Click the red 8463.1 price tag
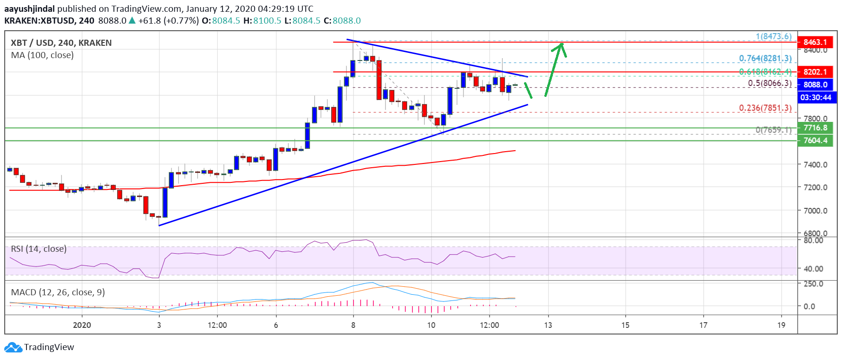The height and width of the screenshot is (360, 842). coord(815,42)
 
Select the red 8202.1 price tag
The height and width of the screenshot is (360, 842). coord(815,72)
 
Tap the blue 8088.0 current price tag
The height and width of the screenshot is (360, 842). coord(815,85)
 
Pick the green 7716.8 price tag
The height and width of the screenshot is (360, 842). coord(815,128)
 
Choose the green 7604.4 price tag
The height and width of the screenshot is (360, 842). coord(815,140)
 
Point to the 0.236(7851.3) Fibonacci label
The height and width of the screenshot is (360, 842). coord(765,108)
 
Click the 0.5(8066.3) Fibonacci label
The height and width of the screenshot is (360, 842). coord(769,83)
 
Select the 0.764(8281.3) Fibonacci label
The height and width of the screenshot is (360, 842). coord(765,58)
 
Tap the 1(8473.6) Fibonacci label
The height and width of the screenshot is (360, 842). coord(773,36)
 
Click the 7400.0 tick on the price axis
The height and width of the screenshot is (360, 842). coord(815,164)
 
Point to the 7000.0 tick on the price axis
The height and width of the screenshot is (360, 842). coord(815,210)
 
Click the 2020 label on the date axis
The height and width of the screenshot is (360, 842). coord(82,325)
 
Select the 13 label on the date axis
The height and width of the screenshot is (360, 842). coord(548,325)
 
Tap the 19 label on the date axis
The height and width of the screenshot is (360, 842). coord(781,325)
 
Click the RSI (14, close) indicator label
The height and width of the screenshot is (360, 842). coord(39,249)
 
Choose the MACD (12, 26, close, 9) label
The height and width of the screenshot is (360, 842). coord(58,292)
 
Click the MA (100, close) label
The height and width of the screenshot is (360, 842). coord(42,55)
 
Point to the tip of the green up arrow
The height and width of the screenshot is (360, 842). coord(561,44)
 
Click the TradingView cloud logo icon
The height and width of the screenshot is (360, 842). coord(13,347)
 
